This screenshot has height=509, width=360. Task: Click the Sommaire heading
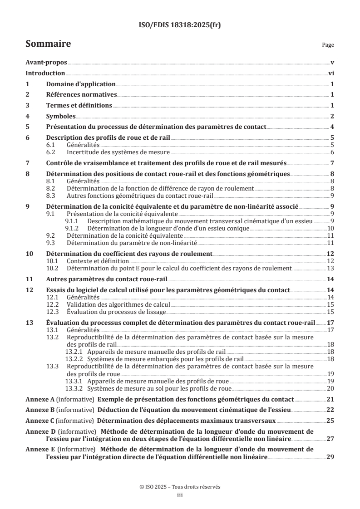pyautogui.click(x=48, y=44)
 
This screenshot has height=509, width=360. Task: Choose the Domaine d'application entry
pyautogui.click(x=81, y=84)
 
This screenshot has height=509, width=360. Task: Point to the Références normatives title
pyautogui.click(x=82, y=95)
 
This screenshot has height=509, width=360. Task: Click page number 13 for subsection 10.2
pyautogui.click(x=331, y=268)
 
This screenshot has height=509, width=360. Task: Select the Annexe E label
pyautogui.click(x=39, y=449)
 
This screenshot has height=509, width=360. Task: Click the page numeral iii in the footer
pyautogui.click(x=180, y=496)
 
